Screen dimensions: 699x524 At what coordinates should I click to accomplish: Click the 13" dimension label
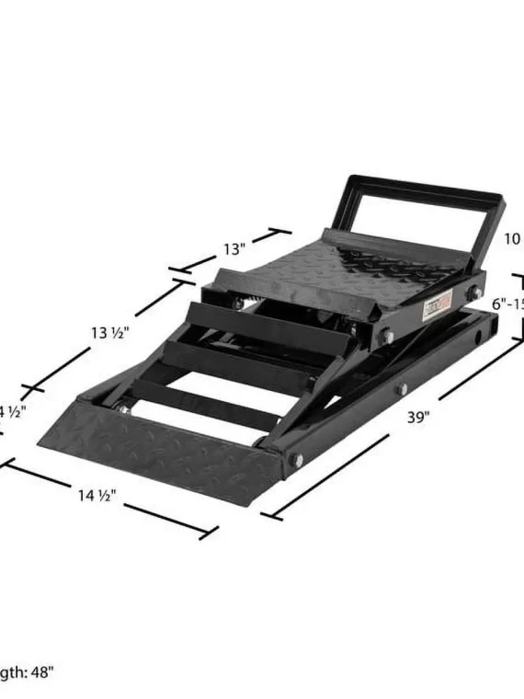coord(234,248)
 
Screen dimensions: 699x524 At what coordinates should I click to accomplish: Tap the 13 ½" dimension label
coord(109,332)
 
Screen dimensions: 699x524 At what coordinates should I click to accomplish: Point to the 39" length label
coord(418,417)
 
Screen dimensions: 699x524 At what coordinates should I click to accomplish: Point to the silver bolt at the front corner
coord(299,458)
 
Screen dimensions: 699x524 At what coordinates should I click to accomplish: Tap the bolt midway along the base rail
coord(402,389)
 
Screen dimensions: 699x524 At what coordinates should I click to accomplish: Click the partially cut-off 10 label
coord(513,239)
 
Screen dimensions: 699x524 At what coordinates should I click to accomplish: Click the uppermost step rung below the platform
coord(271,318)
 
